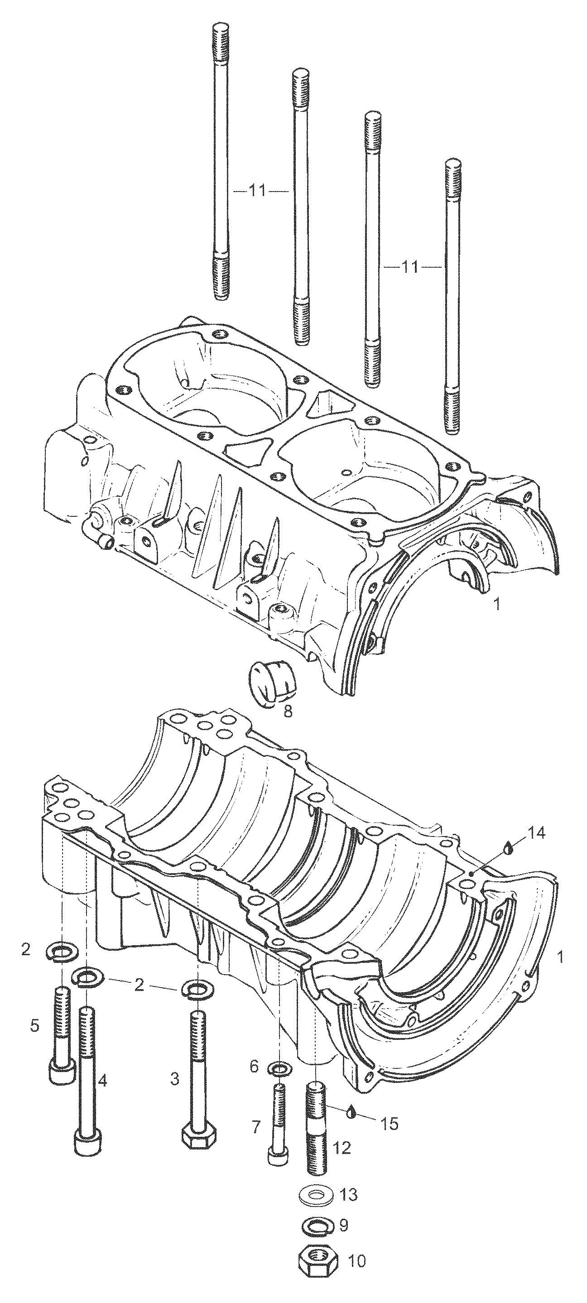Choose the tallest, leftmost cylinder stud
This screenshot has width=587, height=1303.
click(220, 162)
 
